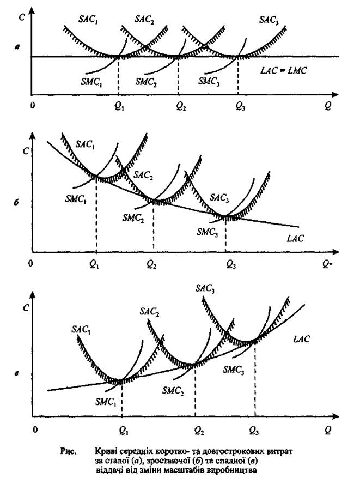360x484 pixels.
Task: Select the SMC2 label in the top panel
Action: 147,81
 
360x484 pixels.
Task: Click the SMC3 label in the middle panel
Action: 208,231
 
